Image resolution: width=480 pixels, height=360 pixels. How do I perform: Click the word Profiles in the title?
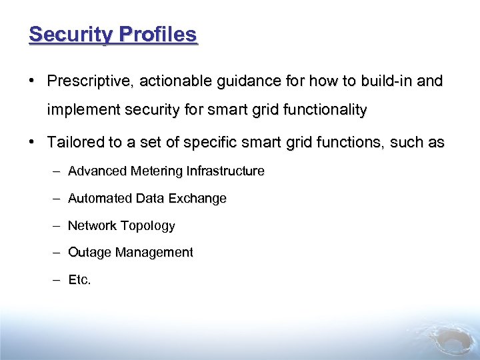[158, 34]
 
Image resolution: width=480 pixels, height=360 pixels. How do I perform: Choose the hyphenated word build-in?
[387, 81]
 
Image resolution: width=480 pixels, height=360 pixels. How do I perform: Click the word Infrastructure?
[225, 171]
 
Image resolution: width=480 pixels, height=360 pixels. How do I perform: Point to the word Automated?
[100, 199]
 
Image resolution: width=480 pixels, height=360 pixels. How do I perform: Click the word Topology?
[148, 226]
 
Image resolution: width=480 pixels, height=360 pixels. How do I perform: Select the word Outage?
[90, 253]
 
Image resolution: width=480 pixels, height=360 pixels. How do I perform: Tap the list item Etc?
[79, 280]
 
